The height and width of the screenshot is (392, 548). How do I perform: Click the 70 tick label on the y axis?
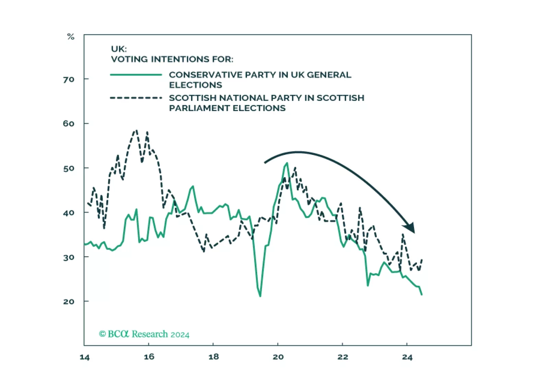click(69, 79)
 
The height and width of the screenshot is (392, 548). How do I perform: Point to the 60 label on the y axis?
click(69, 124)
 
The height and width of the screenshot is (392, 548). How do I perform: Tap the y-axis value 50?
click(69, 168)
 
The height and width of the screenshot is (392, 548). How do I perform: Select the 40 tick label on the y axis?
click(69, 213)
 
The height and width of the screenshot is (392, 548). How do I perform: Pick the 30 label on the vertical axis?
click(69, 257)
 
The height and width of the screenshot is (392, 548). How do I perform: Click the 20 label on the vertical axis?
click(69, 302)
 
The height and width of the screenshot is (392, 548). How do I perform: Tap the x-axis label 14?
click(85, 357)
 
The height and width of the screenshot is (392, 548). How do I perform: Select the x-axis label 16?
click(149, 357)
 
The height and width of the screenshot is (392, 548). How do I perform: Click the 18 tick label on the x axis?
click(214, 357)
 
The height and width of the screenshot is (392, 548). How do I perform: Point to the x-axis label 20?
click(278, 357)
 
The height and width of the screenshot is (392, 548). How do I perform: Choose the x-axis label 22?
click(343, 357)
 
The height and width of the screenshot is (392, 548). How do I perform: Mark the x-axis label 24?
click(407, 357)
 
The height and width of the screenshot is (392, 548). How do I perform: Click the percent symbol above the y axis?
click(71, 37)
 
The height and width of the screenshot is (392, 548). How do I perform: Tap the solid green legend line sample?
click(136, 75)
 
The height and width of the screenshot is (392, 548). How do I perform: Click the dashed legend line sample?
click(136, 98)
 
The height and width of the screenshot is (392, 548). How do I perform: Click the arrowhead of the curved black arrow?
click(410, 227)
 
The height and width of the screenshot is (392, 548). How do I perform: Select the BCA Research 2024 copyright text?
click(144, 334)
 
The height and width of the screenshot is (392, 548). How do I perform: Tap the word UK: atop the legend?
click(119, 49)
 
